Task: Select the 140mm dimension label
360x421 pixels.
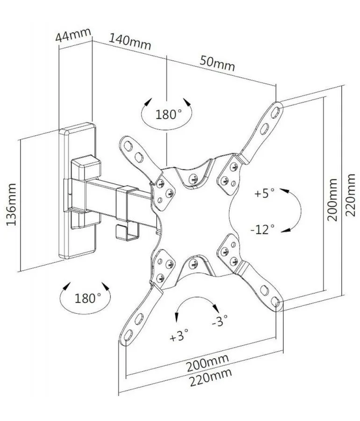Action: [130, 42]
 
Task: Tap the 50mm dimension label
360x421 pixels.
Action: [217, 64]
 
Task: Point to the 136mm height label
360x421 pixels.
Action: [11, 204]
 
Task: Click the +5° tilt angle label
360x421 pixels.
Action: [265, 193]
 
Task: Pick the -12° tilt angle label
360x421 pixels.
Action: [263, 229]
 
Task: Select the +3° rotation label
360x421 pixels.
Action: [179, 335]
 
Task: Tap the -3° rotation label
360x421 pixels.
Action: [220, 320]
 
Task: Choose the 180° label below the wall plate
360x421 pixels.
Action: [88, 298]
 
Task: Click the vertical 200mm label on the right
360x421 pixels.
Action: [332, 200]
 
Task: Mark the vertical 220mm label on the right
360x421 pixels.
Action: [350, 195]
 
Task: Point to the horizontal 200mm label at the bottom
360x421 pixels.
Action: [208, 363]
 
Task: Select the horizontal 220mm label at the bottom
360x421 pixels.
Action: [211, 377]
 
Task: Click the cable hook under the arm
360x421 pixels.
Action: [127, 232]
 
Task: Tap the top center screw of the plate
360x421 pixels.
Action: [193, 177]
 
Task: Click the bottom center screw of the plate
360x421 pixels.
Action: [193, 264]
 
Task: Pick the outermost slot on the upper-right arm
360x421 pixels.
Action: [275, 112]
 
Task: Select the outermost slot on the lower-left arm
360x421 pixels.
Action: [128, 335]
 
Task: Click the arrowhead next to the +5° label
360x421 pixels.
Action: [285, 191]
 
